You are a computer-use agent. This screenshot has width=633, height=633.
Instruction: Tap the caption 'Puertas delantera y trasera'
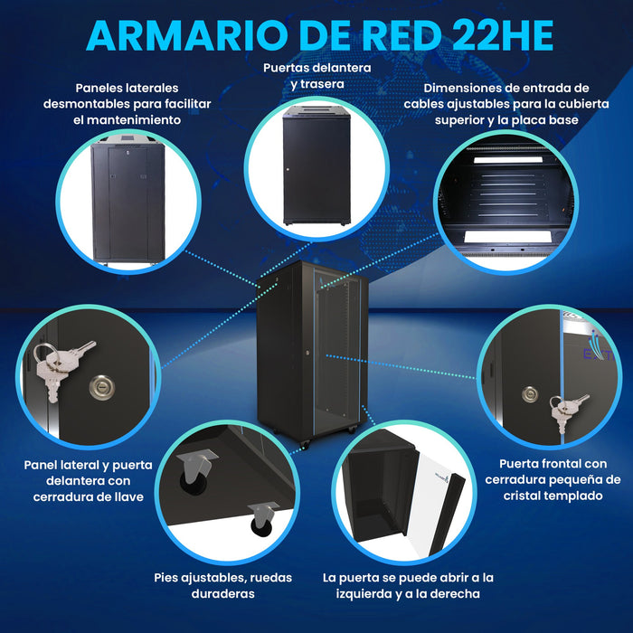coord(317,76)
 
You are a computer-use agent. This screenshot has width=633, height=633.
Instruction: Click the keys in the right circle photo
coord(567,409)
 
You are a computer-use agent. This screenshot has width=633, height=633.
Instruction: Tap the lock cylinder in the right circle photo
coord(530,394)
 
